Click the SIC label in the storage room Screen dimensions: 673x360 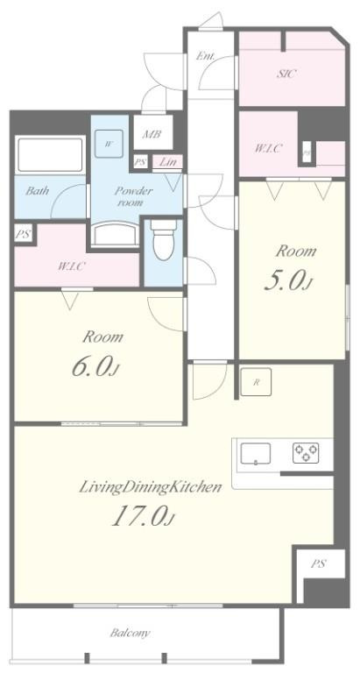pyautogui.click(x=286, y=74)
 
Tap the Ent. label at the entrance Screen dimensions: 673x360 pyautogui.click(x=206, y=57)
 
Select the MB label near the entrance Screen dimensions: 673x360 pyautogui.click(x=151, y=135)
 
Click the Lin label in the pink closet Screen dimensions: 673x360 pyautogui.click(x=166, y=162)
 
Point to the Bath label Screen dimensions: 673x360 pyautogui.click(x=36, y=190)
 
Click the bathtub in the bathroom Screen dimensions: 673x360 pyautogui.click(x=50, y=155)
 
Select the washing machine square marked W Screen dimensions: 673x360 pyautogui.click(x=109, y=144)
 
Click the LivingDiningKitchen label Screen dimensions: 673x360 pyautogui.click(x=150, y=486)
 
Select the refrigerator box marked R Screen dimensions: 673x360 pyautogui.click(x=256, y=382)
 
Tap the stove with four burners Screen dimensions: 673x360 pyautogui.click(x=306, y=453)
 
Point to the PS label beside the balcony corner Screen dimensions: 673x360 pyautogui.click(x=317, y=563)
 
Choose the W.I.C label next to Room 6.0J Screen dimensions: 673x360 pyautogui.click(x=72, y=266)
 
